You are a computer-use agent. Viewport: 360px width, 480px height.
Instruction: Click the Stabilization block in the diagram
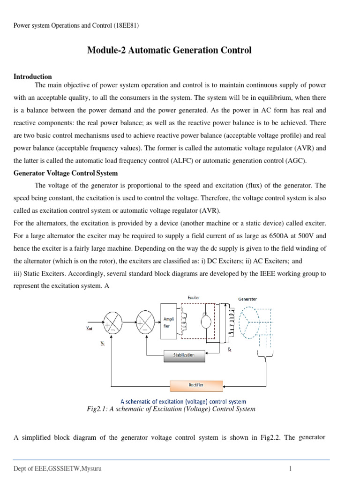pos(186,355)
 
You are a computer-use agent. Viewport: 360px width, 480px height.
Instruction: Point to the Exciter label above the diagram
pos(194,297)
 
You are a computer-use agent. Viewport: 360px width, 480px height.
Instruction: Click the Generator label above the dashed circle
pos(247,299)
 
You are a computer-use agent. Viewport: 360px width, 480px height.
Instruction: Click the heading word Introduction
pos(32,76)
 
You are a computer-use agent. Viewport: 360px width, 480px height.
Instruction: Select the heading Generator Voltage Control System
pos(65,173)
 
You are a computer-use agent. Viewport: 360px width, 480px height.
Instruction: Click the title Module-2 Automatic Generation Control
pos(169,50)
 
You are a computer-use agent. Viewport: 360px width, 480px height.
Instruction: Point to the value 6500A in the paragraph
pos(264,236)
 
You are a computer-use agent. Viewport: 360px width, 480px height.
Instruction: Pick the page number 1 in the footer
pos(291,468)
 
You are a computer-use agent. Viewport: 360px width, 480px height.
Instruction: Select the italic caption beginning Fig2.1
pos(171,409)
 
